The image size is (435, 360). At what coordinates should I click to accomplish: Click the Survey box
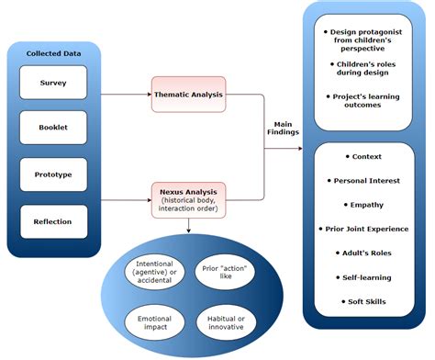(x=52, y=83)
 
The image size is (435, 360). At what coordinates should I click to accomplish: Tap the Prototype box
(x=52, y=174)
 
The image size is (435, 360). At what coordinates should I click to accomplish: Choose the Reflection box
(x=52, y=221)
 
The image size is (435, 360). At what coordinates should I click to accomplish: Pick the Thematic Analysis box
(x=188, y=93)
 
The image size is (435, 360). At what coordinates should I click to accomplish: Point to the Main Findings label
(x=284, y=129)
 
